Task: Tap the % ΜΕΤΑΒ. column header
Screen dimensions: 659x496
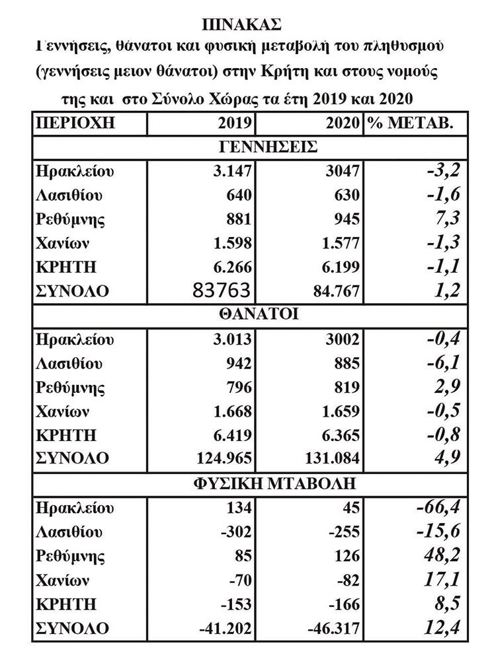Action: pos(409,123)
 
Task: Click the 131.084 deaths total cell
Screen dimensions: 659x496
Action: pos(329,458)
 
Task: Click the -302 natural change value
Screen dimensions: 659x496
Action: pos(237,532)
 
